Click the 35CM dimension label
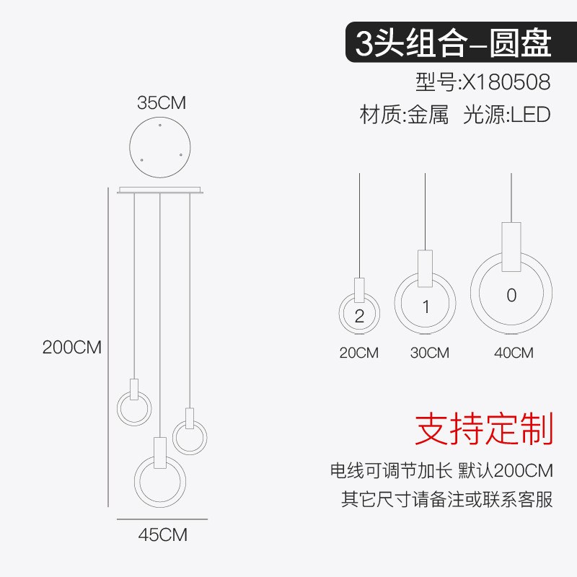coord(162,103)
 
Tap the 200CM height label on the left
coord(72,347)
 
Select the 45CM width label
coord(162,535)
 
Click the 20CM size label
coord(358,353)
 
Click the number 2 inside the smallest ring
coord(359,315)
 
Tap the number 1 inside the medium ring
coord(426,307)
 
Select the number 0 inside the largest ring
coord(511,295)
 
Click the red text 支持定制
coord(483,430)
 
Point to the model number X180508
coord(506,82)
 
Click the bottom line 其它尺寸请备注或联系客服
coord(446,499)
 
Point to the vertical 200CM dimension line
coord(108,347)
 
